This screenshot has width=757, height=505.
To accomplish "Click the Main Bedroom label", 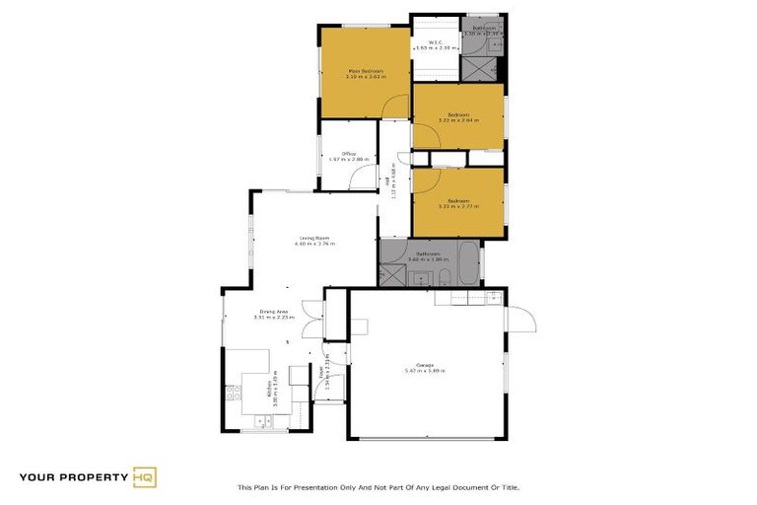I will pos(364,71).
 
